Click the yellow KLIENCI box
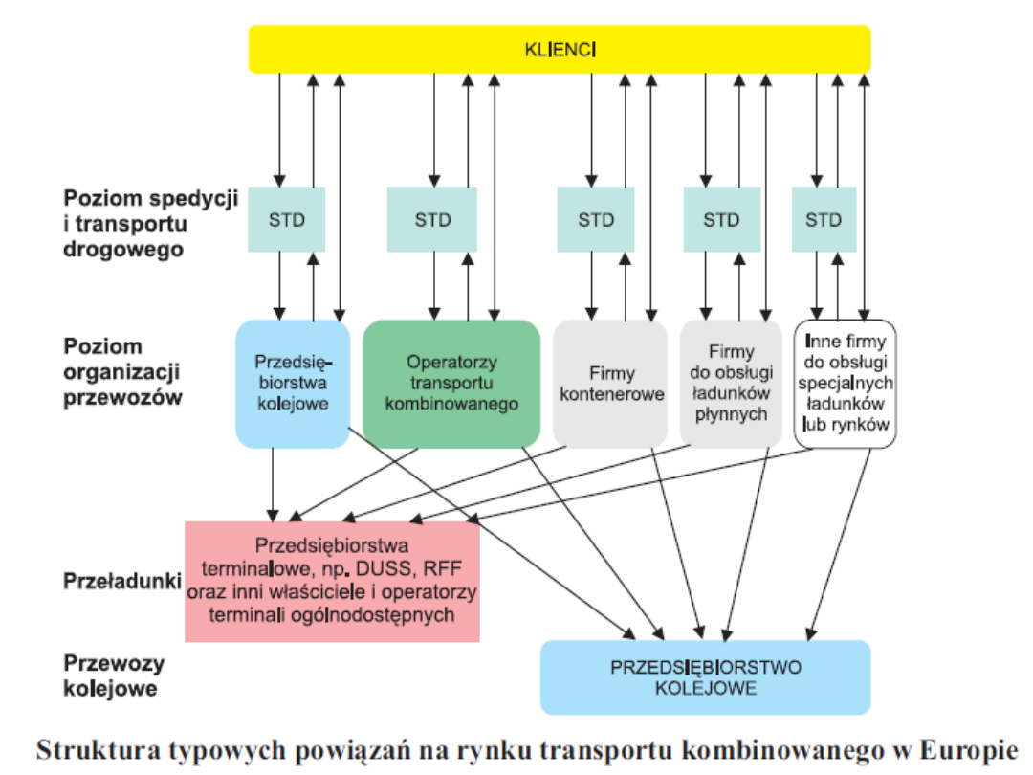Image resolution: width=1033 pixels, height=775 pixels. click(560, 49)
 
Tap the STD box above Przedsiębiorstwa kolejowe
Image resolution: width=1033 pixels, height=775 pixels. click(287, 220)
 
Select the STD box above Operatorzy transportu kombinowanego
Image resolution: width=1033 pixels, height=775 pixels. click(432, 220)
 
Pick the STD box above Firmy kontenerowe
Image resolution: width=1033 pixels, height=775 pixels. click(596, 220)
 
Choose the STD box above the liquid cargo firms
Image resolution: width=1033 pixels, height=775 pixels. click(721, 220)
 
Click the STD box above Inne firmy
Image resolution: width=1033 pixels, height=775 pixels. click(823, 220)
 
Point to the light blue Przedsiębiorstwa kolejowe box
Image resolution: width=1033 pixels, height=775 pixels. click(293, 384)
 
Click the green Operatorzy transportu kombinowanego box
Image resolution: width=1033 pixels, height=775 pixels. click(451, 384)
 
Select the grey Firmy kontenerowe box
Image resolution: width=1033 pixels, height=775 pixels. click(610, 384)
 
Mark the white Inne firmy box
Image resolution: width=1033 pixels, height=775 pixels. click(845, 384)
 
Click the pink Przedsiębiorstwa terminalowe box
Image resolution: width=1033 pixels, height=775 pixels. click(332, 581)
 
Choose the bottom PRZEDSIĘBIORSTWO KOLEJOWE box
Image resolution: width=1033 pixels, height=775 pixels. click(705, 677)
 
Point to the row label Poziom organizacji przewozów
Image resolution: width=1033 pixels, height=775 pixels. click(122, 372)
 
